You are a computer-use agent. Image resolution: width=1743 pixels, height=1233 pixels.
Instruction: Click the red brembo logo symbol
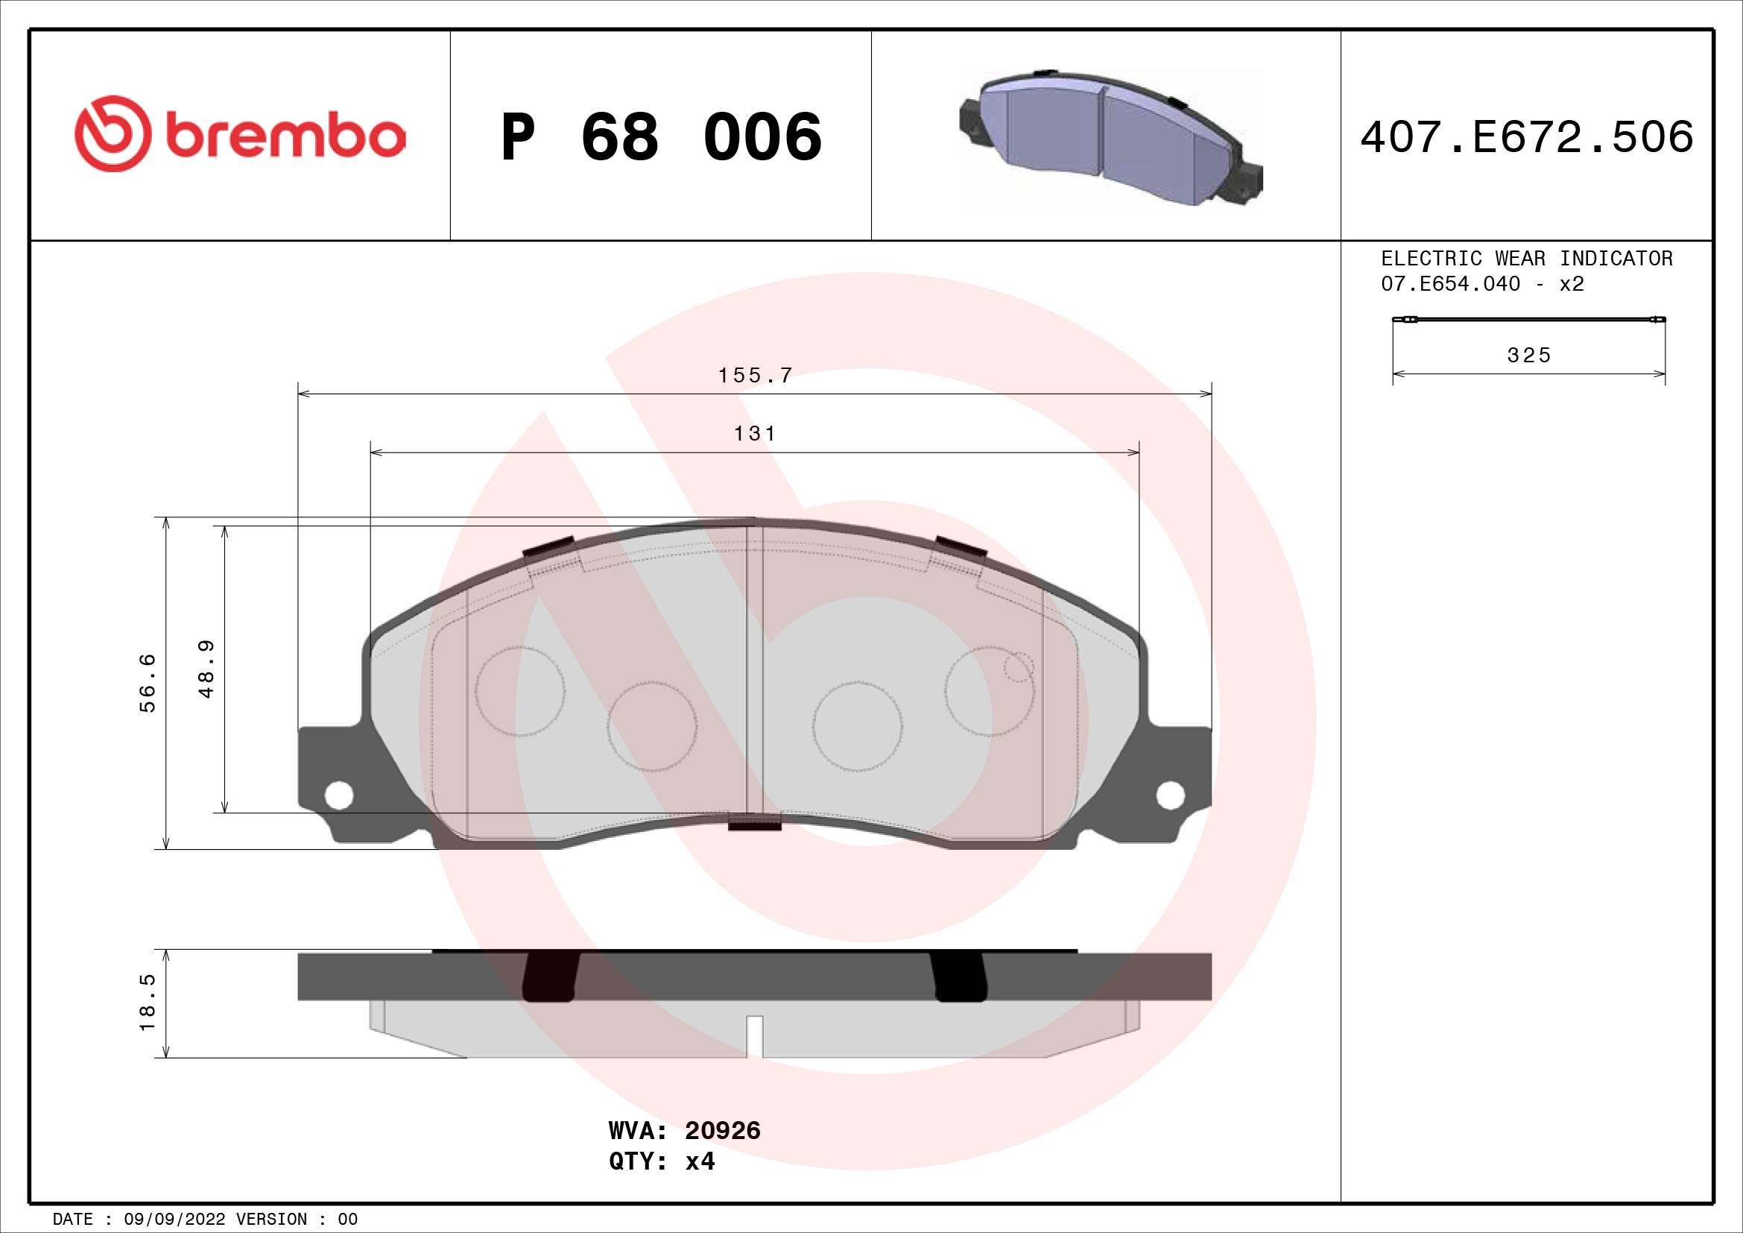click(113, 133)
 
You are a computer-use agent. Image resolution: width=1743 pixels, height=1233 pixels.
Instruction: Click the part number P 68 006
click(660, 136)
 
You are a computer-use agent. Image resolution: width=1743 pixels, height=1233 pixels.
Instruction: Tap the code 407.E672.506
click(1527, 136)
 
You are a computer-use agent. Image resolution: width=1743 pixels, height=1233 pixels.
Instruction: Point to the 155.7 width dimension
click(755, 376)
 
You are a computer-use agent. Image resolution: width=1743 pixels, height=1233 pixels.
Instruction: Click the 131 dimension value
click(755, 434)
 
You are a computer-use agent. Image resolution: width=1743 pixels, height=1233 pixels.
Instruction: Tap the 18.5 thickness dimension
click(148, 1002)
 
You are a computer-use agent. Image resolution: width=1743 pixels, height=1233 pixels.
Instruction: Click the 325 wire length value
click(1528, 356)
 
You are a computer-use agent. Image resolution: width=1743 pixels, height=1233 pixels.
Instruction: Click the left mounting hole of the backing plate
click(338, 795)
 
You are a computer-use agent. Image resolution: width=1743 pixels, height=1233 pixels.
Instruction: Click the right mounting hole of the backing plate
click(1170, 795)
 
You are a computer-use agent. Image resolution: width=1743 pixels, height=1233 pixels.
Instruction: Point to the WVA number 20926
click(722, 1131)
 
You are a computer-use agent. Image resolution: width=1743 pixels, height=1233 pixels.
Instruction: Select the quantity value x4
click(700, 1161)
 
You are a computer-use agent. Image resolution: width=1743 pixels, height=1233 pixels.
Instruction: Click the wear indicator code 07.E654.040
click(1450, 284)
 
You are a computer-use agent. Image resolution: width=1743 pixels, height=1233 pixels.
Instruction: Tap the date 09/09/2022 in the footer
click(174, 1220)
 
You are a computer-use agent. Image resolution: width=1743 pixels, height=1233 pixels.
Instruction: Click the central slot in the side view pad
click(755, 1035)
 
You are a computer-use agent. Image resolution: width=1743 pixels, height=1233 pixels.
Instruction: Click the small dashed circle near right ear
click(1018, 667)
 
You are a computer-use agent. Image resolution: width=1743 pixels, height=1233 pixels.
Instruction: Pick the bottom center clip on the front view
click(755, 822)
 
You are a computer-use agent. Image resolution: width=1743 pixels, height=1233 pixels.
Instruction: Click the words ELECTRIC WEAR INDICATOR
click(1527, 259)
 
